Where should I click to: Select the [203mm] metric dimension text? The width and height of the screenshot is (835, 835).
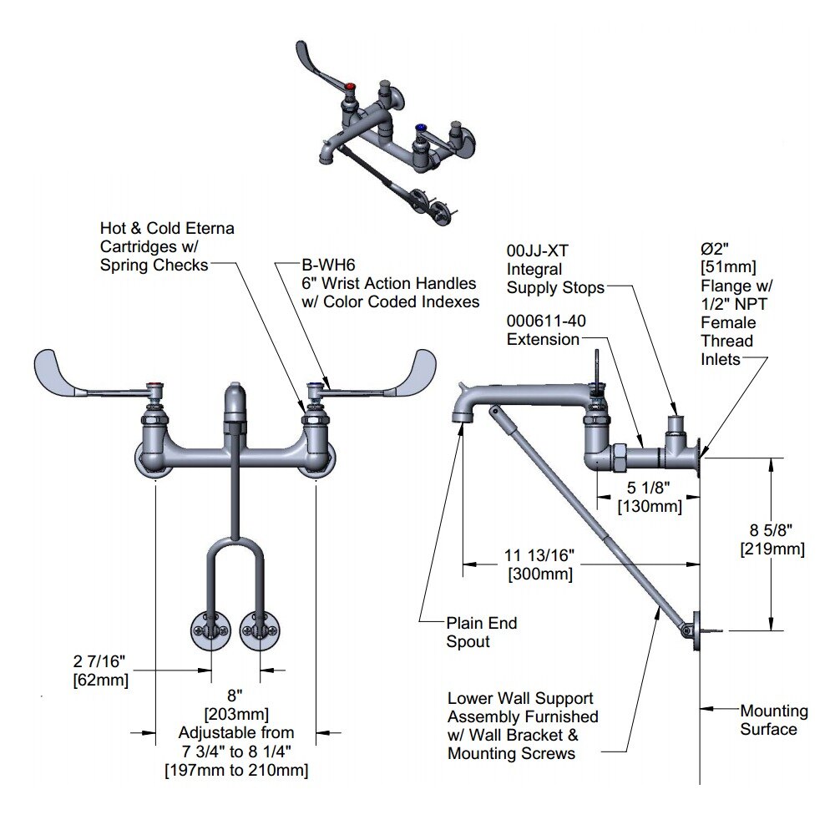click(x=236, y=714)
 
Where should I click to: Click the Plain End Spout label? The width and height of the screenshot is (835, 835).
click(x=482, y=623)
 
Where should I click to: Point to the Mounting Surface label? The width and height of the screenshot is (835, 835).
click(x=774, y=711)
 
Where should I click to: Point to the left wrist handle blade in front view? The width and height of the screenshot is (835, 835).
click(x=67, y=369)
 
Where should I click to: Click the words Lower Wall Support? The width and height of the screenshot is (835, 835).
click(x=520, y=699)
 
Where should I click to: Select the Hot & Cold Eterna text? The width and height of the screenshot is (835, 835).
click(x=167, y=228)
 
